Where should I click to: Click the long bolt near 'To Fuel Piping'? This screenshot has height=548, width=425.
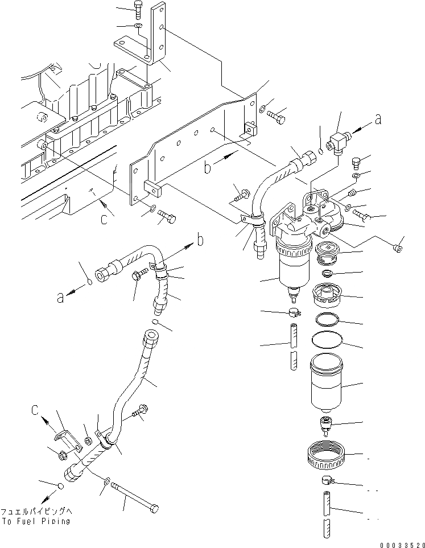135,496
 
